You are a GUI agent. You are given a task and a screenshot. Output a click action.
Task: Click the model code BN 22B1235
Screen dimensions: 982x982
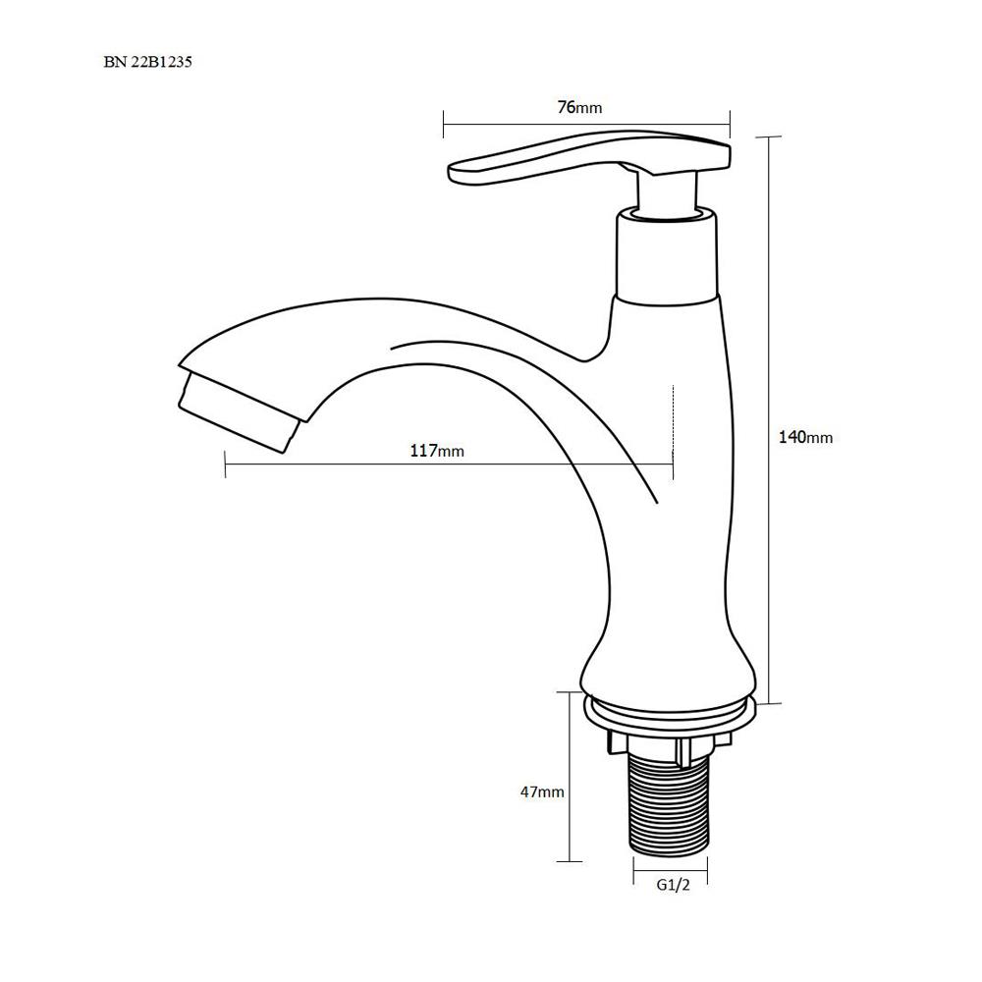tap(148, 62)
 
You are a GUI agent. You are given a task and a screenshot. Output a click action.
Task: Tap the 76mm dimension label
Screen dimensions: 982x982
tap(579, 107)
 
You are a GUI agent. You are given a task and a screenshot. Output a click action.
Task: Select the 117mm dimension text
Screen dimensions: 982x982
tap(437, 451)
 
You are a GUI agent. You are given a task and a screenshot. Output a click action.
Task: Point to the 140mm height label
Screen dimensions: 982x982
tap(805, 437)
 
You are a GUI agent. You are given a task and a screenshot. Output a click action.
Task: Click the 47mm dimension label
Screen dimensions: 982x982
tap(542, 791)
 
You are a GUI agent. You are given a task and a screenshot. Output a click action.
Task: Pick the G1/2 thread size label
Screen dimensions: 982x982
tap(674, 885)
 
